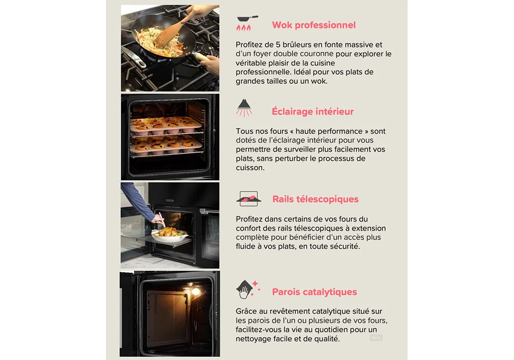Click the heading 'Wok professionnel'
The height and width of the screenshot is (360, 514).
click(x=314, y=25)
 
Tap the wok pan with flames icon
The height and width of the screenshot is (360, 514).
click(x=247, y=23)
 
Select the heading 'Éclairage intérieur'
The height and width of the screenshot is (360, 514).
click(x=313, y=112)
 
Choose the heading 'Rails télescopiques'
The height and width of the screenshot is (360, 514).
click(x=316, y=199)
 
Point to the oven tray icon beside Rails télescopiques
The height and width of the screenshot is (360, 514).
click(x=249, y=199)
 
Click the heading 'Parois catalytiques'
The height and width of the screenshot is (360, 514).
click(x=315, y=292)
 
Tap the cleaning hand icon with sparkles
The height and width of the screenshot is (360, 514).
click(x=248, y=289)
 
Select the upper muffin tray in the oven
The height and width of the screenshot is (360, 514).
click(x=166, y=125)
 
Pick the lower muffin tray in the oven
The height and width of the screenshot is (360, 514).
click(x=166, y=146)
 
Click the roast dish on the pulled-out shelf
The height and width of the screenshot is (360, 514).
click(x=169, y=235)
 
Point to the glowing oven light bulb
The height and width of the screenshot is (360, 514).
click(x=195, y=291)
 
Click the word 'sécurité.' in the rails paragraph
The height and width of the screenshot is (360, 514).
click(x=345, y=246)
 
